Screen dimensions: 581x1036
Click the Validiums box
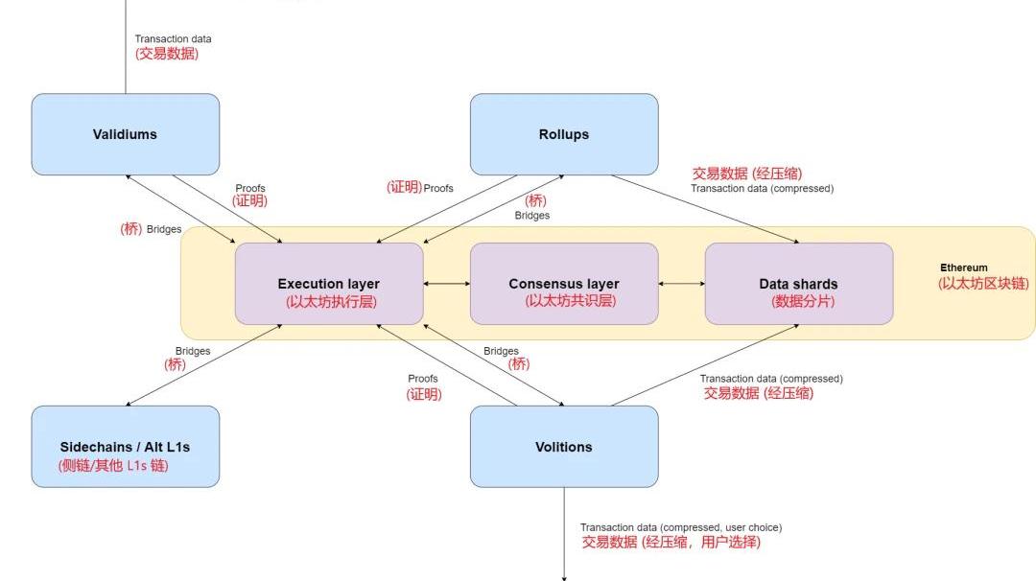click(125, 134)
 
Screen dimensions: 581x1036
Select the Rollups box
click(564, 134)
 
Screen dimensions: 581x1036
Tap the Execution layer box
click(328, 284)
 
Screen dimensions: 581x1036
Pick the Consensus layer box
click(564, 284)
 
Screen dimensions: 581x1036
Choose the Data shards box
click(798, 284)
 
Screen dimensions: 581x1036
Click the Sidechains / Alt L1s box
click(125, 447)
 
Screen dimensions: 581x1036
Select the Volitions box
click(564, 447)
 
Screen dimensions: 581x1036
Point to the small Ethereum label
click(963, 267)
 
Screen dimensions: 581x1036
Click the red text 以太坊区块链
click(984, 284)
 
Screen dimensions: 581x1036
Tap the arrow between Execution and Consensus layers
click(446, 284)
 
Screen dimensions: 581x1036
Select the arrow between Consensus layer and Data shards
click(681, 284)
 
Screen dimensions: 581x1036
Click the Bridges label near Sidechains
click(193, 351)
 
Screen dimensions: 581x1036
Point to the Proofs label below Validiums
click(250, 188)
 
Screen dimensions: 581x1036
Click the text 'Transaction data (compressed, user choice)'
click(680, 527)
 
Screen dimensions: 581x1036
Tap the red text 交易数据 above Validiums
click(167, 54)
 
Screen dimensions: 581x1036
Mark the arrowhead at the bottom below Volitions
click(564, 577)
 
